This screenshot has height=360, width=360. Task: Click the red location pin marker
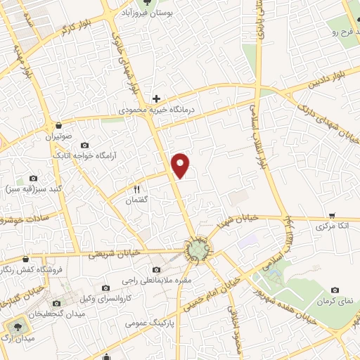pos(181,164)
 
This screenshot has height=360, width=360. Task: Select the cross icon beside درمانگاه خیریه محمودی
pos(156,98)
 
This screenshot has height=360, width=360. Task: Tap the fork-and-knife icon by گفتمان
pos(137,189)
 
